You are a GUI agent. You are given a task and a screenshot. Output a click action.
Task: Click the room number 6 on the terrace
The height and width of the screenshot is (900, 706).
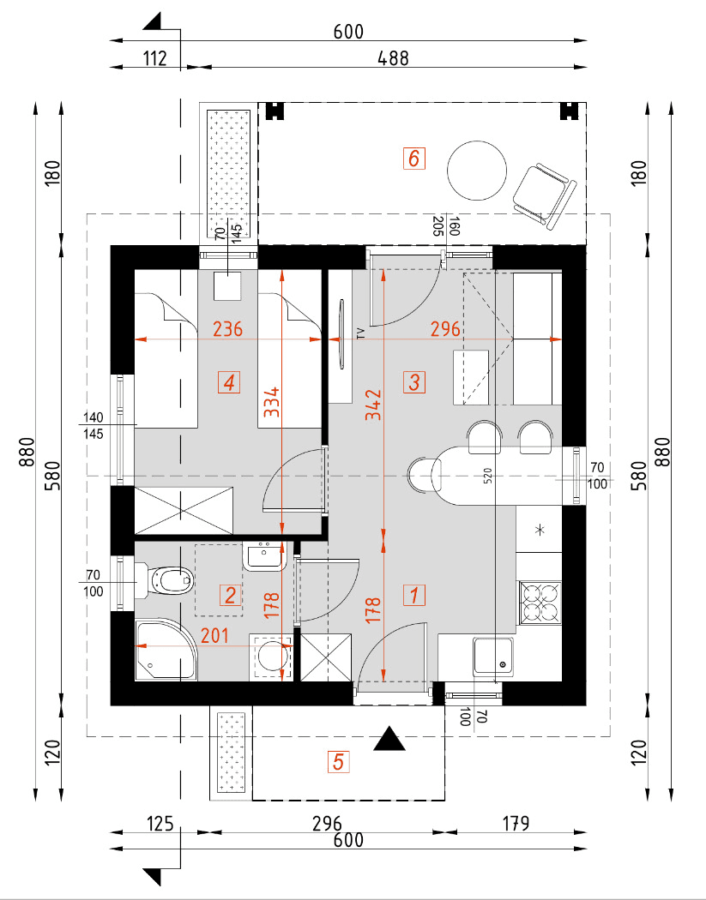tap(413, 159)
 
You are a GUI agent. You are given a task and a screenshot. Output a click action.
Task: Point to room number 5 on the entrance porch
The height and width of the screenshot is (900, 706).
tap(338, 761)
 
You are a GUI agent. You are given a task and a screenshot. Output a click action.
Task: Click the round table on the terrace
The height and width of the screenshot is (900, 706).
tap(477, 170)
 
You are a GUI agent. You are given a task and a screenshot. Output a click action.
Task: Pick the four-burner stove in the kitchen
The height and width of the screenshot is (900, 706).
tap(540, 600)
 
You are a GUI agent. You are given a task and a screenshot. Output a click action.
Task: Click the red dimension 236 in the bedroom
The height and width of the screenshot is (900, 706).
tap(228, 328)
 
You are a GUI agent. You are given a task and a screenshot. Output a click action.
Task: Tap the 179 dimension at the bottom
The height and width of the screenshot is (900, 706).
tap(514, 824)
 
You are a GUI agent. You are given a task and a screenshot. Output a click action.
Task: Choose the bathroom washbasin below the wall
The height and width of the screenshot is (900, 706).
tap(264, 557)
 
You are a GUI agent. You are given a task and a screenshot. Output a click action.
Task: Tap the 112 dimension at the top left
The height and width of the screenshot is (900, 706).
tap(154, 57)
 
